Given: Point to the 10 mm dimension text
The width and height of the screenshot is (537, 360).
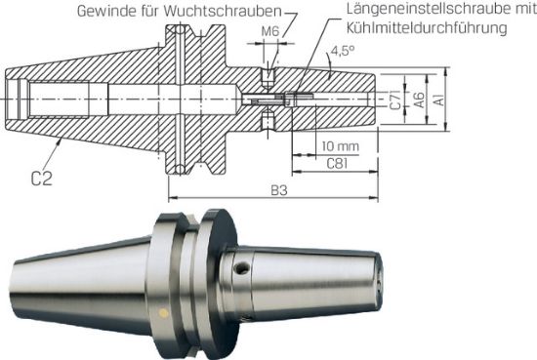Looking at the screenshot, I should coord(338,145).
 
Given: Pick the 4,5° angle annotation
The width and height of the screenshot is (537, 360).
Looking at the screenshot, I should coord(342,49).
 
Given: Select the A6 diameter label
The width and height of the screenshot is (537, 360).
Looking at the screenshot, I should coord(417,100).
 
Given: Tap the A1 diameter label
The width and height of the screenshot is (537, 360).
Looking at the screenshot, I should coord(439,100).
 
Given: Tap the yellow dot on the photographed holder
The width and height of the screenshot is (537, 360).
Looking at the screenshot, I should coord(163,313).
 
